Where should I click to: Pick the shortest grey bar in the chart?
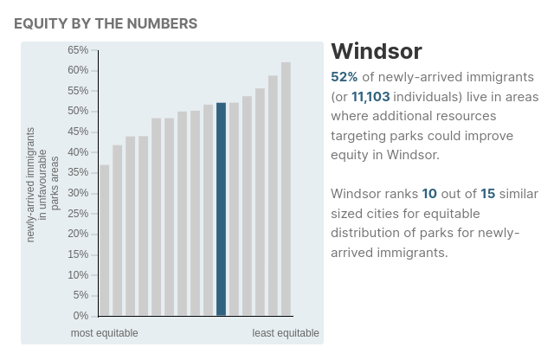click(x=104, y=240)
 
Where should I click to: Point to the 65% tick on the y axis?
click(x=78, y=50)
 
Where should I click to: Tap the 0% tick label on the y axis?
click(x=81, y=316)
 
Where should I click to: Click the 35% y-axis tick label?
click(x=78, y=172)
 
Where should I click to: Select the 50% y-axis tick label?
click(x=78, y=112)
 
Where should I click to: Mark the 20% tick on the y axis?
click(x=78, y=234)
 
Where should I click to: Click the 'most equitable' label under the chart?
click(x=104, y=333)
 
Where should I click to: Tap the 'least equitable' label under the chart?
click(x=286, y=333)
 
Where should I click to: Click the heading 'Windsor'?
click(x=376, y=51)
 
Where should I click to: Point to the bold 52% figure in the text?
click(x=345, y=77)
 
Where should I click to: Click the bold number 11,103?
click(x=370, y=97)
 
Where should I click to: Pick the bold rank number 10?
click(x=429, y=194)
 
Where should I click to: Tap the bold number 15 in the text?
click(x=487, y=194)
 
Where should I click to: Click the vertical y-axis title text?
click(x=42, y=183)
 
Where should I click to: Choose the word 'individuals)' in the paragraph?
click(x=428, y=97)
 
